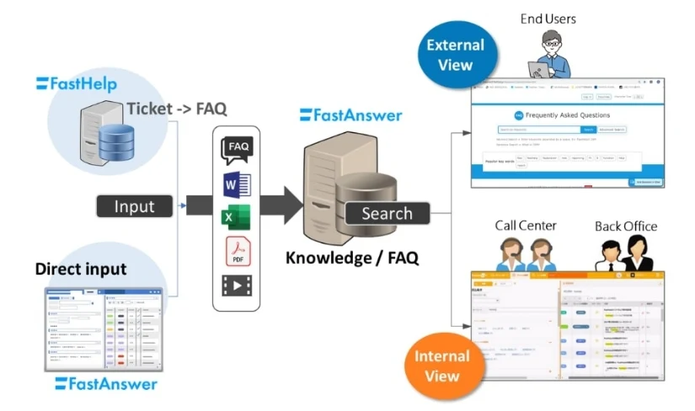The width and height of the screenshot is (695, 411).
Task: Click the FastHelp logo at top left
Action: [x=77, y=83]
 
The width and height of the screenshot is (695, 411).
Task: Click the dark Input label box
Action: [x=135, y=206]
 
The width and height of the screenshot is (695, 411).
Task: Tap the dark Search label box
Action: [x=387, y=213]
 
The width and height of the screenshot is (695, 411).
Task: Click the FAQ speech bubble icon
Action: [x=238, y=147]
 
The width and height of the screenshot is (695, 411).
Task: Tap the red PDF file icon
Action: [x=237, y=251]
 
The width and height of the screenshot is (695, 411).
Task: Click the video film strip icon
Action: [x=238, y=286]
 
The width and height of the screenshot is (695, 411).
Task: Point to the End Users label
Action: [x=548, y=19]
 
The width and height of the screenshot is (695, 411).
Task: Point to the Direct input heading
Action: [x=81, y=270]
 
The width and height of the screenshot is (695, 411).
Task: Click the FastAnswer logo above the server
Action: [x=351, y=115]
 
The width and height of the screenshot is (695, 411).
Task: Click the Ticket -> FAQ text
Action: [x=177, y=109]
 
